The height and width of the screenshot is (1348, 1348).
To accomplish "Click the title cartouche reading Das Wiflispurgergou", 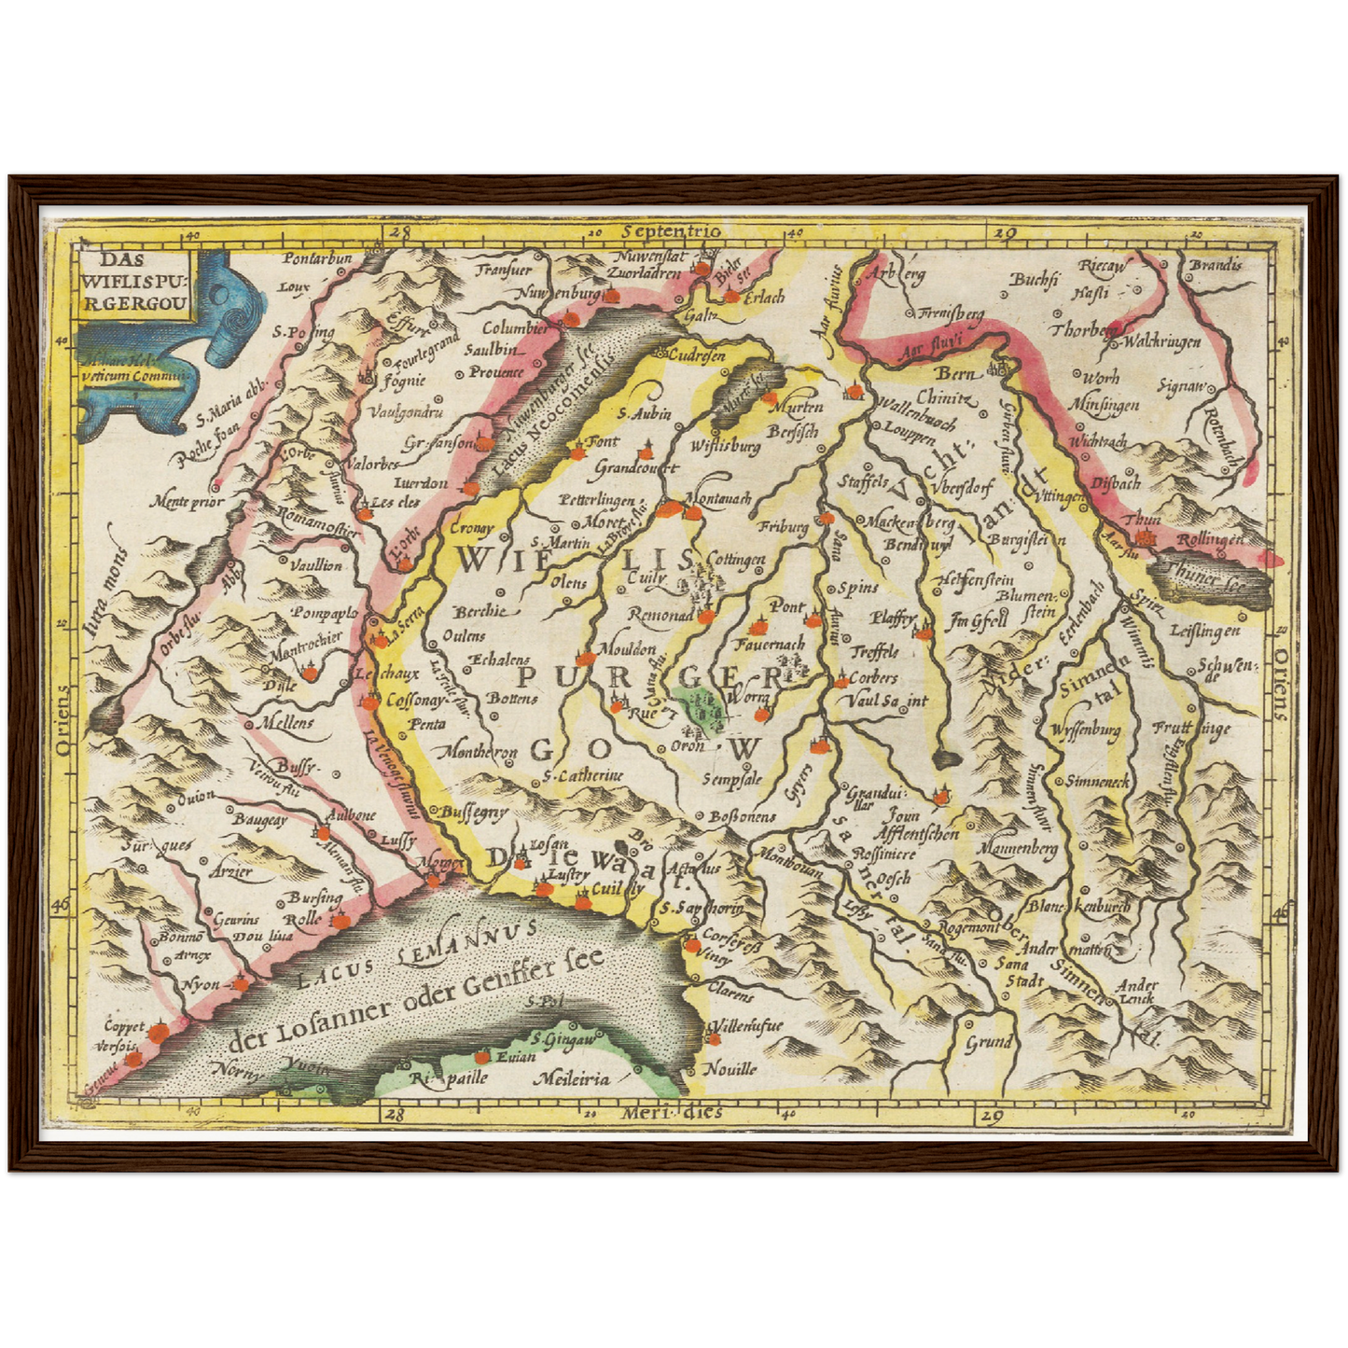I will coord(134,277).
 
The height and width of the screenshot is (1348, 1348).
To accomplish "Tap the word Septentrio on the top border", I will coord(674,231).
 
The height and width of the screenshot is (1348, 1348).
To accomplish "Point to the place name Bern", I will coord(954,373).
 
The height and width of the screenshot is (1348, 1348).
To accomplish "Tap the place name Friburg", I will coord(783,527).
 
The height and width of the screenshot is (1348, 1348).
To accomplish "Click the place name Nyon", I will coord(201,984).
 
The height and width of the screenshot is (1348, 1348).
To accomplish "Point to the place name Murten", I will coord(798,408).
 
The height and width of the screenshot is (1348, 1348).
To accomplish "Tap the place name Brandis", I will coord(1216,264).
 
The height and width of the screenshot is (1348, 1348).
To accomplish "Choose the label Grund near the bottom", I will coord(989,1042).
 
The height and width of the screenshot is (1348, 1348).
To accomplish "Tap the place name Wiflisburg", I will coord(725,447).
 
